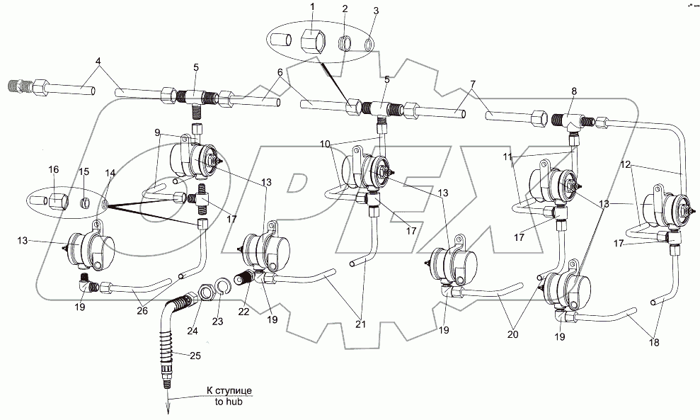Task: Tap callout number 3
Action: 376,11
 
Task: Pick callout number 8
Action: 574,91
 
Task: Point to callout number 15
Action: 83,173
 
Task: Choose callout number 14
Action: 109,173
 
